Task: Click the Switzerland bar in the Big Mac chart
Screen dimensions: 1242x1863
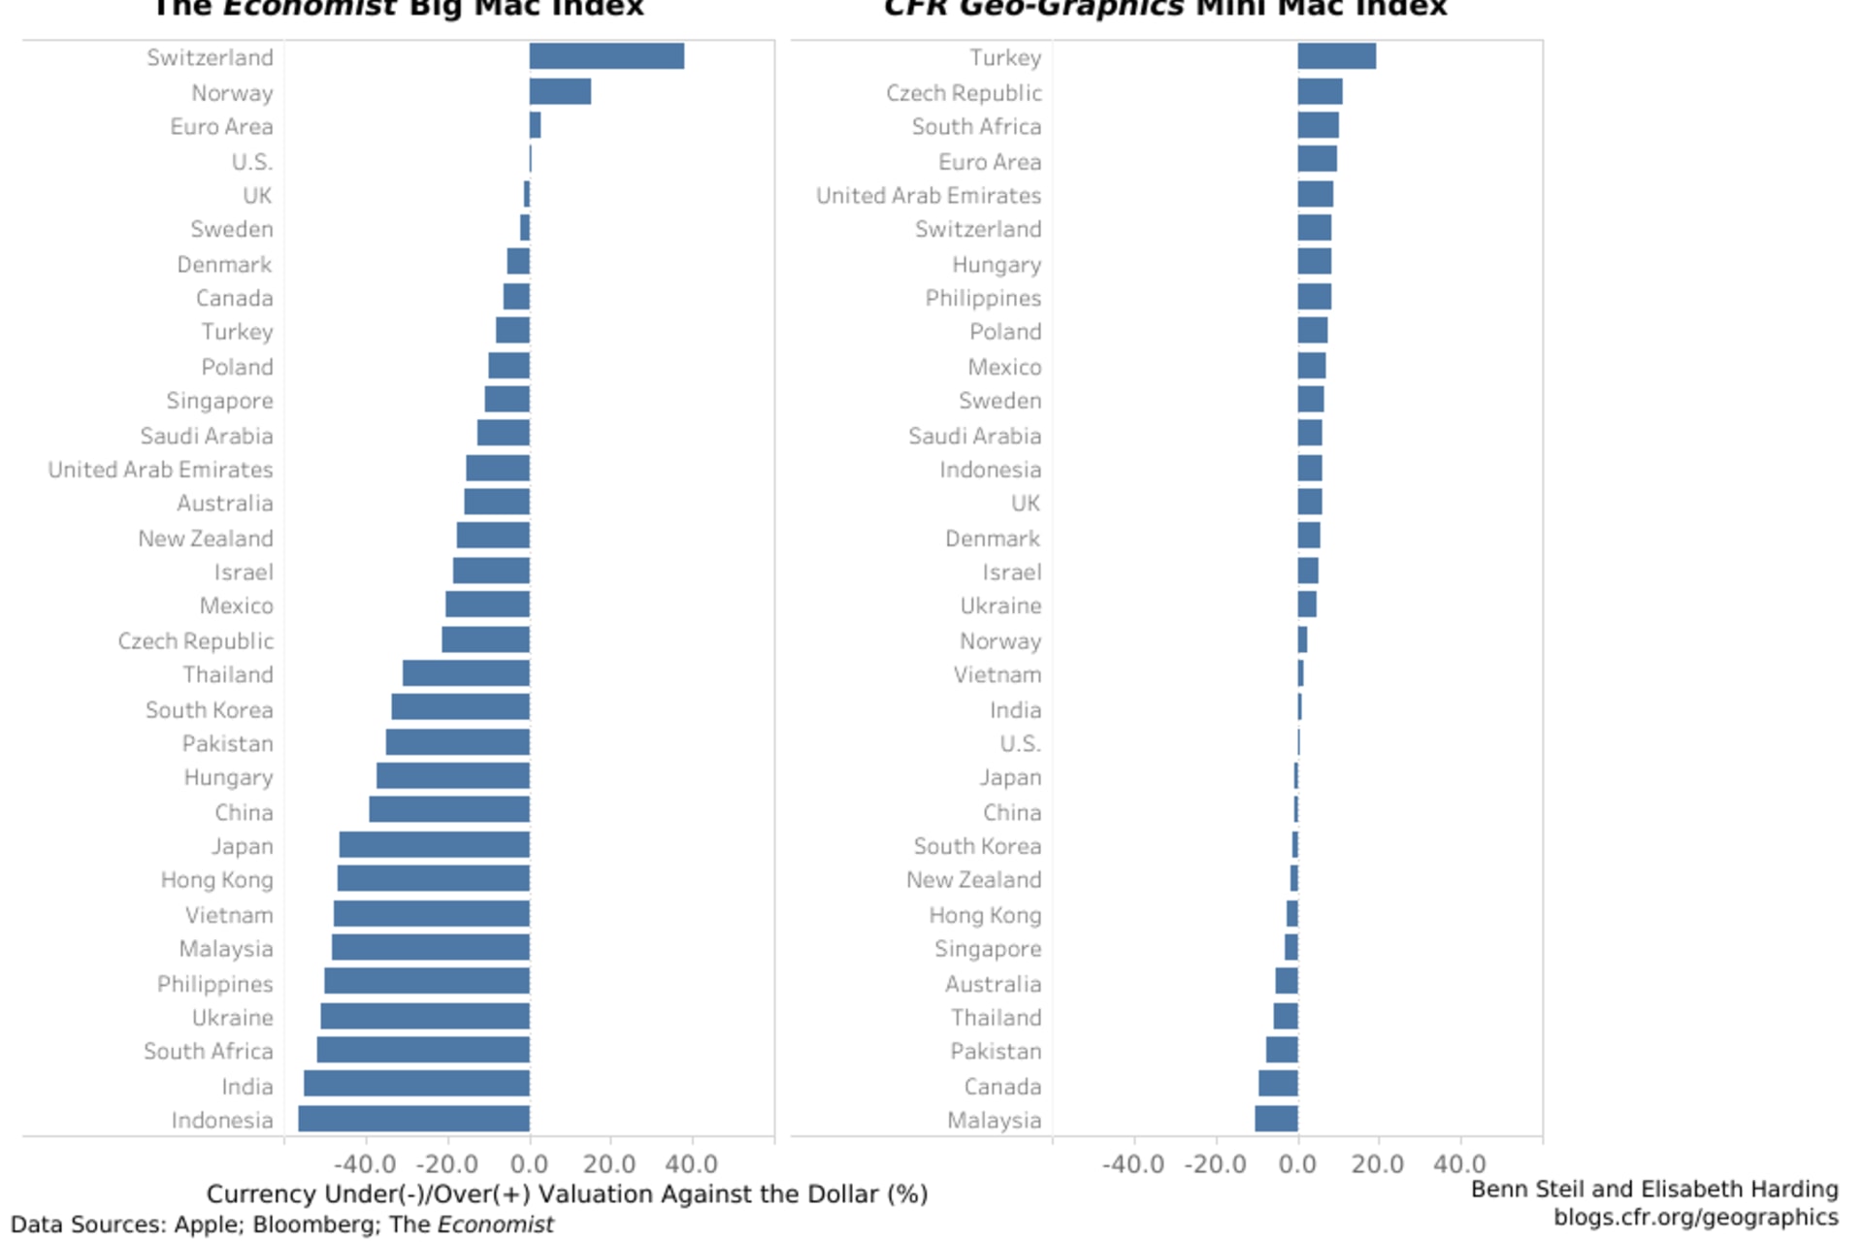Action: coord(606,56)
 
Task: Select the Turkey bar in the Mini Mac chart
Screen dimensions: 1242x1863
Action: coord(1336,56)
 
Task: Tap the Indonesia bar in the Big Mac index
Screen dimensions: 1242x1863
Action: coord(414,1119)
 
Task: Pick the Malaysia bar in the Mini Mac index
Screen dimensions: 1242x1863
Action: coord(1276,1119)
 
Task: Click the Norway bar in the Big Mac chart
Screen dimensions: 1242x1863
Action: coord(560,91)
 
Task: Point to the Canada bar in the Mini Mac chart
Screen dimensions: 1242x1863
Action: coord(1278,1084)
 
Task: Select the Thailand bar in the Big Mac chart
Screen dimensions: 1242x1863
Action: coord(466,673)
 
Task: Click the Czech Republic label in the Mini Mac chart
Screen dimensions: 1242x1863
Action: coord(964,93)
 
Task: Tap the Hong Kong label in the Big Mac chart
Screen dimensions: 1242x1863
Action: coord(217,880)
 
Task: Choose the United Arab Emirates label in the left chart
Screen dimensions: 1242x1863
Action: coord(161,470)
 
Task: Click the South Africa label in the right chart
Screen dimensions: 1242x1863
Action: coord(976,127)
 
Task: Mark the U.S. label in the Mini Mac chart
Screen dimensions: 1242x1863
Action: coord(1020,744)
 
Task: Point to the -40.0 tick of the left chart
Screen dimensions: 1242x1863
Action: coord(366,1163)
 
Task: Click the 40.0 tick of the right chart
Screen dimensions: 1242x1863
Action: coord(1459,1163)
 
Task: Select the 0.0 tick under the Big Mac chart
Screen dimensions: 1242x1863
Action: coord(530,1163)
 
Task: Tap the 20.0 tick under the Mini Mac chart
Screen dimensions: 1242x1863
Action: coord(1378,1163)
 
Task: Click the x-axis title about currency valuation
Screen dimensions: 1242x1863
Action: coord(567,1193)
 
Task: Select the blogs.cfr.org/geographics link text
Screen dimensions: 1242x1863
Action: coord(1695,1217)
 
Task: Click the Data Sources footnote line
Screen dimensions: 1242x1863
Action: coord(282,1225)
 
